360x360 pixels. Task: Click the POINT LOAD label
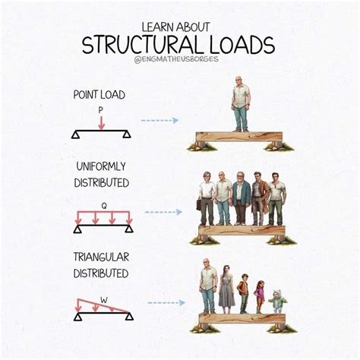99,95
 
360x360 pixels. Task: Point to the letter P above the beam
100,110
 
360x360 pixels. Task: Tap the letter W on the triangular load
103,289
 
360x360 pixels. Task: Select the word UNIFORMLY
101,166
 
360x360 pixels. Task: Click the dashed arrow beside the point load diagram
159,120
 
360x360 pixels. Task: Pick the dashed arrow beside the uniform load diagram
163,212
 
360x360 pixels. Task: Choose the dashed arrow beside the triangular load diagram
166,302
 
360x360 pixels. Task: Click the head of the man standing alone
240,82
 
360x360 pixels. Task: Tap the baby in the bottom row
278,301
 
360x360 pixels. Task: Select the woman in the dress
226,289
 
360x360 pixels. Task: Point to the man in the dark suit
242,199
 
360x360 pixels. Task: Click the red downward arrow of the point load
100,122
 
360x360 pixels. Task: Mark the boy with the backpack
243,292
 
